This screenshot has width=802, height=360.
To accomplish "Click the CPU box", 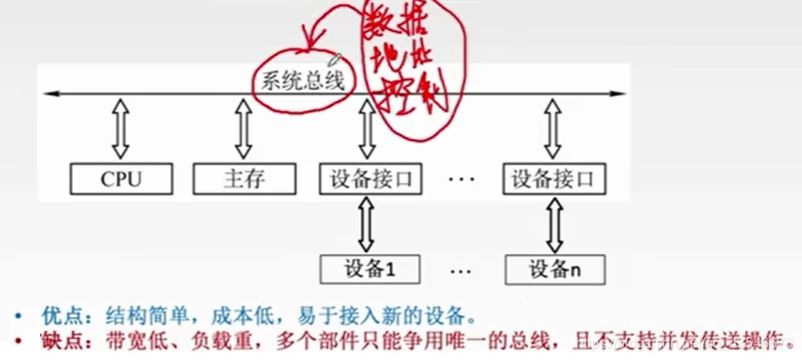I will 121,179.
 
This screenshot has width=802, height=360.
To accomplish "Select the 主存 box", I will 243,179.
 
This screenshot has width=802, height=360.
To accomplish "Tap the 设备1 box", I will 369,267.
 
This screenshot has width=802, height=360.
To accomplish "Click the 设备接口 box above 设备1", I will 369,179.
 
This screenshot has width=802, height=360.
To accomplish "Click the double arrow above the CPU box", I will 121,128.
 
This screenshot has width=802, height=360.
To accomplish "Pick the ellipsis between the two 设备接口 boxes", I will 462,180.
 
